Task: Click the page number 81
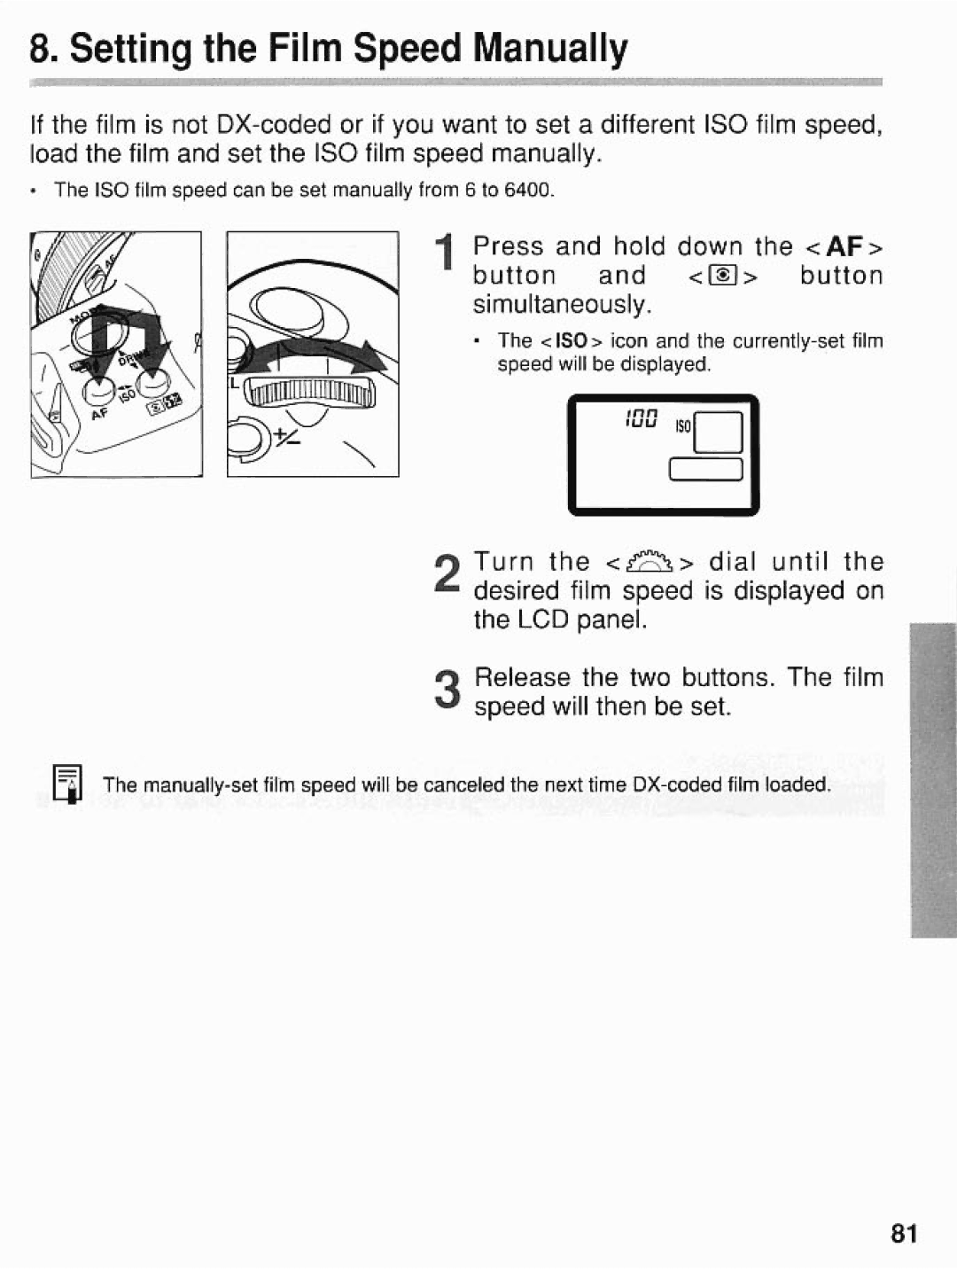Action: [904, 1233]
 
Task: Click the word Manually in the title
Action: [549, 50]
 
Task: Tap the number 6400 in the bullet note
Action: [528, 191]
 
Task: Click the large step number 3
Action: [448, 691]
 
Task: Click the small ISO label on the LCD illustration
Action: [683, 426]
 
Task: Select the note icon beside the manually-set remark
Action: [67, 784]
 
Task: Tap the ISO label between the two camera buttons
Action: [127, 394]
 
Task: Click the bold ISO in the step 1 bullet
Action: [572, 341]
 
